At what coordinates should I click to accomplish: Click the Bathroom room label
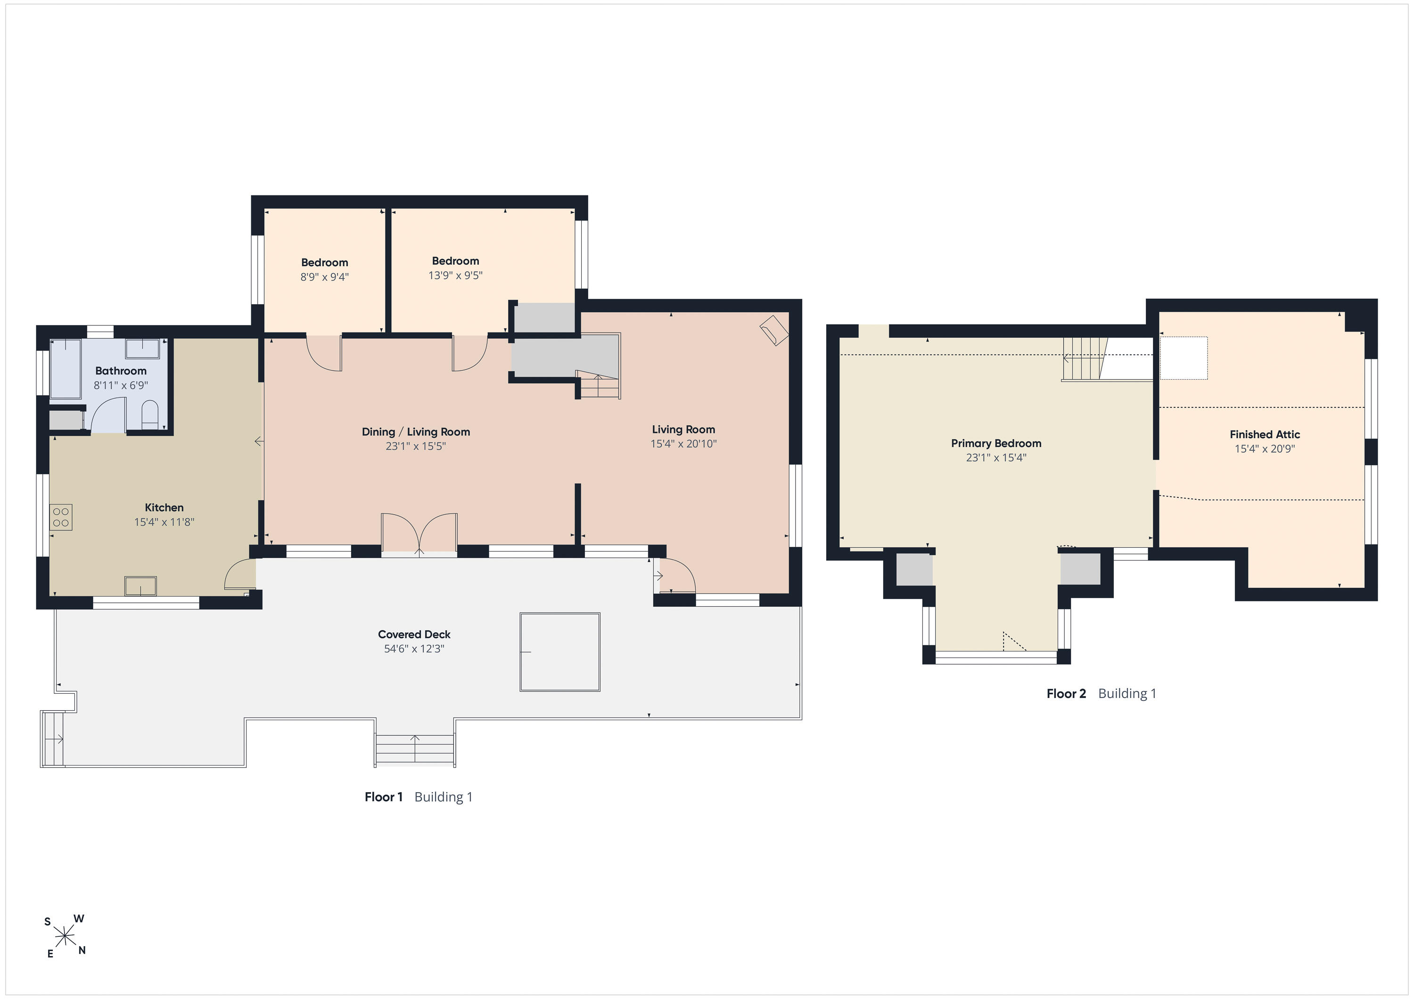[121, 371]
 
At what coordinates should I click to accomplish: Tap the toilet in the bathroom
[150, 415]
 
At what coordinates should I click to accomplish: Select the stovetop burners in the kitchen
[61, 517]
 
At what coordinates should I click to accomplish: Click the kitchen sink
[140, 585]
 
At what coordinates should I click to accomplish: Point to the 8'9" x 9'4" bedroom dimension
[325, 277]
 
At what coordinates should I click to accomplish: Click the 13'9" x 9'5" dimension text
[455, 275]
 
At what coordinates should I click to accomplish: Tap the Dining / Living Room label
[416, 431]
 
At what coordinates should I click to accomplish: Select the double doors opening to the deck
[419, 534]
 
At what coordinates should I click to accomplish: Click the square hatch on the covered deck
[560, 652]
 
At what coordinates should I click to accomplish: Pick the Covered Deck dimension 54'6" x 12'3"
[414, 648]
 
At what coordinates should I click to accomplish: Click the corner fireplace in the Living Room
[773, 331]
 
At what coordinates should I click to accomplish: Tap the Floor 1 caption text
[384, 797]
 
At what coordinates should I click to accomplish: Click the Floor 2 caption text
[1066, 694]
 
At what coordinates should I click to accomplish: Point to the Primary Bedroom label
[996, 443]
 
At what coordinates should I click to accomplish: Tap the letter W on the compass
[79, 919]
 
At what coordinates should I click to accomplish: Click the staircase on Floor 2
[1085, 359]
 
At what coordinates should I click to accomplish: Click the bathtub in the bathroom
[66, 368]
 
